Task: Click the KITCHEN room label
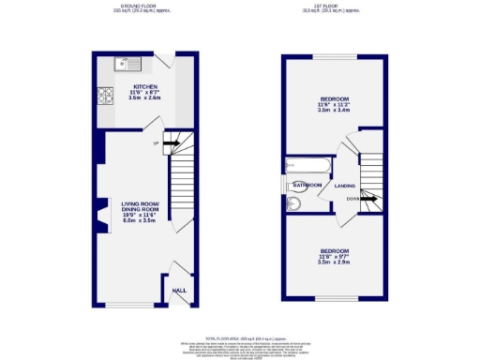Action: coord(144,86)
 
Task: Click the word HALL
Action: coord(179,290)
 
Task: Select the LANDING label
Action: coord(344,186)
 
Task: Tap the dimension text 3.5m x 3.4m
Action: coord(334,110)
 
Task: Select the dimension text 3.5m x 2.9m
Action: coord(334,262)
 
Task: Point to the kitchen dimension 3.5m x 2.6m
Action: coord(144,97)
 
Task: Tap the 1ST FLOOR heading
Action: coord(333,6)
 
